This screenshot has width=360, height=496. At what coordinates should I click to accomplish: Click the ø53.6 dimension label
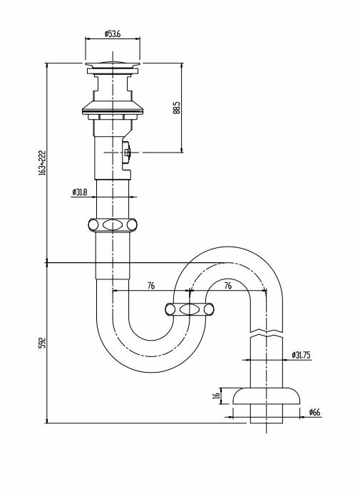pos(113,33)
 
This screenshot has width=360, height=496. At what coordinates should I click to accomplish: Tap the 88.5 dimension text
pos(177,108)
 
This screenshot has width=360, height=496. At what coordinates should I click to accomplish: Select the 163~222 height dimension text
pos(42,162)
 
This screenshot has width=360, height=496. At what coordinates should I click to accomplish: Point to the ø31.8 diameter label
pos(80,192)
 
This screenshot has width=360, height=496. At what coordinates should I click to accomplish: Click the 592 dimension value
pos(42,343)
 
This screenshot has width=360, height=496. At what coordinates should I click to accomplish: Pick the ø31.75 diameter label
pos(301,355)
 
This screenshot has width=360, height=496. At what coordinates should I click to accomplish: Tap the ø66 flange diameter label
pos(315,412)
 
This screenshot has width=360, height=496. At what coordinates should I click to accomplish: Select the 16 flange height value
pos(217,395)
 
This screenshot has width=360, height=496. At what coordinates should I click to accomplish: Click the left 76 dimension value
pos(151,286)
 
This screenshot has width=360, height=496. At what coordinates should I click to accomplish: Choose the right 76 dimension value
pos(228,286)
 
